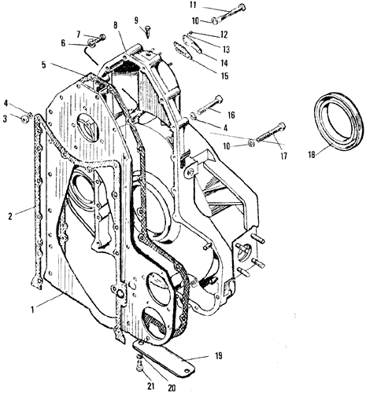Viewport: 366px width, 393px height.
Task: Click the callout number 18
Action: (x=312, y=154)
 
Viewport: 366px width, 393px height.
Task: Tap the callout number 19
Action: (x=218, y=356)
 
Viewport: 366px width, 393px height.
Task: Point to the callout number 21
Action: (x=150, y=385)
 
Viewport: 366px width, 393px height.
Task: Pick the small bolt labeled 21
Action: (x=140, y=365)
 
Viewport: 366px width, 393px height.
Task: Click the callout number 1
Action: (x=32, y=310)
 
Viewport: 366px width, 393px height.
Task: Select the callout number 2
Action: (x=10, y=216)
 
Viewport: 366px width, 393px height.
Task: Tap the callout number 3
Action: (x=5, y=119)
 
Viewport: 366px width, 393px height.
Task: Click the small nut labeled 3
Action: (x=25, y=119)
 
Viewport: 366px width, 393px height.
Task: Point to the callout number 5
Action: (x=43, y=64)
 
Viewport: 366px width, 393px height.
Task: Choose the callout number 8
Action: (x=116, y=25)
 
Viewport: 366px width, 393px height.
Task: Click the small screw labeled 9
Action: (x=148, y=31)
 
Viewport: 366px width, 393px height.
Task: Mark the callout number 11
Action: (x=193, y=6)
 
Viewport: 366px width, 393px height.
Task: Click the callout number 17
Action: (x=283, y=156)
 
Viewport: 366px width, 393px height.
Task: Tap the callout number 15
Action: (x=224, y=75)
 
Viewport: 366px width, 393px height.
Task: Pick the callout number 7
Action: (x=78, y=34)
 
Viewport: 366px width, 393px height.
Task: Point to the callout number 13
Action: (x=225, y=50)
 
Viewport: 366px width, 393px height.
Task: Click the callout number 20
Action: (x=172, y=388)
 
